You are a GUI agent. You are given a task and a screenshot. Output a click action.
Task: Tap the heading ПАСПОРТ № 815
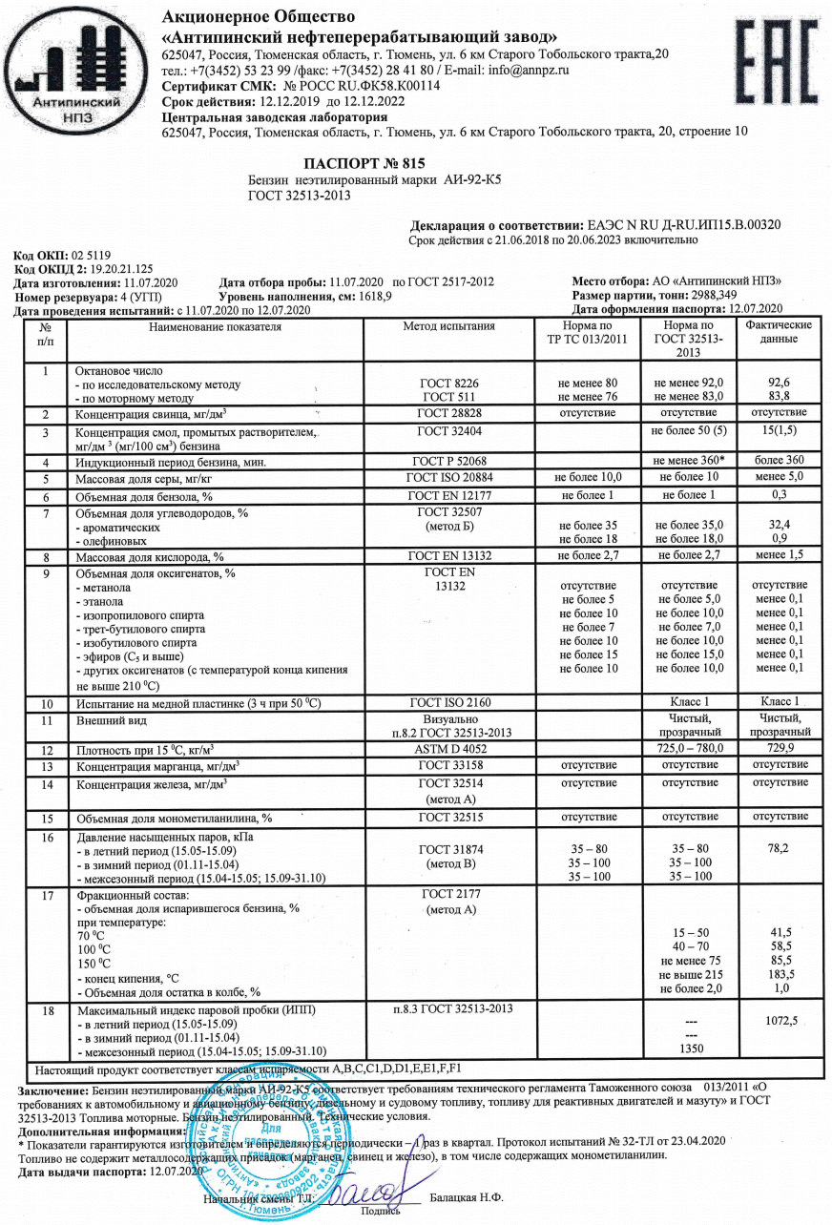point(364,163)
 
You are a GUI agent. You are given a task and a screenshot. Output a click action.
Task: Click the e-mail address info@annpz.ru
point(530,70)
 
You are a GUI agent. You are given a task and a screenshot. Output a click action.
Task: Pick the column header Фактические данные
point(779,333)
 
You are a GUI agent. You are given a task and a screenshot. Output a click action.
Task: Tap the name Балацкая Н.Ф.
point(467,1196)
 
